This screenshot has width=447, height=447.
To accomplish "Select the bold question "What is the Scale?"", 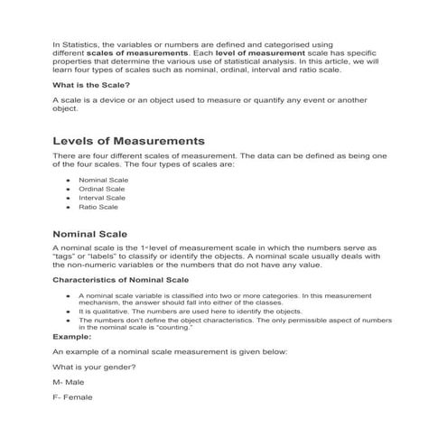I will click(92, 85).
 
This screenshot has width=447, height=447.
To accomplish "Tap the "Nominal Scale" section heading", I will click(97, 234).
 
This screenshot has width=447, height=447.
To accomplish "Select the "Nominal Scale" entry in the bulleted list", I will click(104, 179).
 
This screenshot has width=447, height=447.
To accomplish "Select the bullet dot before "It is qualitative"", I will click(69, 311).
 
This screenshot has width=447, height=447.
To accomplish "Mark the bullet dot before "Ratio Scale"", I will click(69, 206).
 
